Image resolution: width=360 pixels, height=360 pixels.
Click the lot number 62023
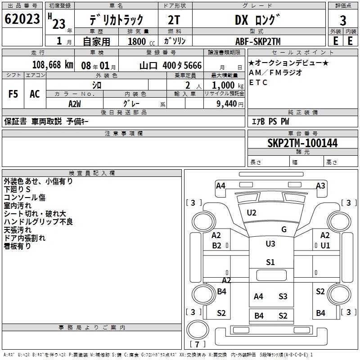(22, 19)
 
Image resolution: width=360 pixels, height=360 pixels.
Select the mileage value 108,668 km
(53, 65)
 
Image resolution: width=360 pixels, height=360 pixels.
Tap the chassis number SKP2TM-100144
(302, 143)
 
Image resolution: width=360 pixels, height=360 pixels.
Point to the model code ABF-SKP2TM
(258, 41)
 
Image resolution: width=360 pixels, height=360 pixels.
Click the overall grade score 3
(343, 20)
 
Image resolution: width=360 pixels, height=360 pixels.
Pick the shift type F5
(13, 94)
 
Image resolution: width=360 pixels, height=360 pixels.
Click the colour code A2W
(75, 104)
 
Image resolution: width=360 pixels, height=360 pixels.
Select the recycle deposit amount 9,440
(227, 104)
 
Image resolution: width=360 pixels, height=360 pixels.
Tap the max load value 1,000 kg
(228, 85)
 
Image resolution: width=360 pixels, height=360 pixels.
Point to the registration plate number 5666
(193, 66)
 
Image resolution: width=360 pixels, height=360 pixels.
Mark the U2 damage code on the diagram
(252, 213)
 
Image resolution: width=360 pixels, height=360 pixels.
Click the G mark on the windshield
(284, 229)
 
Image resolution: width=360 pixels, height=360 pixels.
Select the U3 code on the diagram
(270, 243)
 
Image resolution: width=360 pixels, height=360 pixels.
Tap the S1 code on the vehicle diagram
(270, 262)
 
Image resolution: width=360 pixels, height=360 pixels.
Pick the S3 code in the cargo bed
(283, 297)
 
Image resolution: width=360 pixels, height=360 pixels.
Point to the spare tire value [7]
(197, 344)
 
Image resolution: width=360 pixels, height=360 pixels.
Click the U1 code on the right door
(325, 246)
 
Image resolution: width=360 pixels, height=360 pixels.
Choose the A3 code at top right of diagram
(320, 185)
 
